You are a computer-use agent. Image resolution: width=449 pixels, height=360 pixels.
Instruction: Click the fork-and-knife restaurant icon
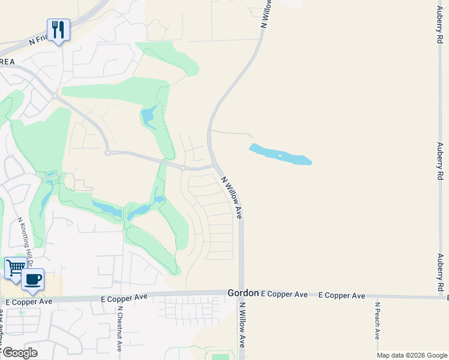(58, 29)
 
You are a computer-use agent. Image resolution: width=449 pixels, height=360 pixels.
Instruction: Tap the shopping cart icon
(15, 268)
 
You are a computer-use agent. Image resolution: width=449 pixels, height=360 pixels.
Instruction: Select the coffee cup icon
(33, 279)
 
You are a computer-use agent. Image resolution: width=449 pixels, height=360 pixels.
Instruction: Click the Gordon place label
(243, 293)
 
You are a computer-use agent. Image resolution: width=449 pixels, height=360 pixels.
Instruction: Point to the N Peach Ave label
(378, 320)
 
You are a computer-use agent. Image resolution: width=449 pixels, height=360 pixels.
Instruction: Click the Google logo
(19, 352)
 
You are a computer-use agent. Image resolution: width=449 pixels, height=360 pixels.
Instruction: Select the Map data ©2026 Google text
(411, 355)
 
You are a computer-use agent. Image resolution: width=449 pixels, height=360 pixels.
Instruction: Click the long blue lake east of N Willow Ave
(280, 155)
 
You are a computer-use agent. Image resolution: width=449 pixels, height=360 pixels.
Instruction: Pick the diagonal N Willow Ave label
(231, 197)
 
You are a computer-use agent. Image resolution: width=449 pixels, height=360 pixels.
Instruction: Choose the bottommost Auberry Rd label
(440, 274)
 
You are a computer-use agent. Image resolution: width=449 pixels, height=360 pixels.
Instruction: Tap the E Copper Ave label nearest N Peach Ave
(342, 295)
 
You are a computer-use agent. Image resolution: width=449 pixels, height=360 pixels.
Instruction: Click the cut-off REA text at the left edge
(7, 61)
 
